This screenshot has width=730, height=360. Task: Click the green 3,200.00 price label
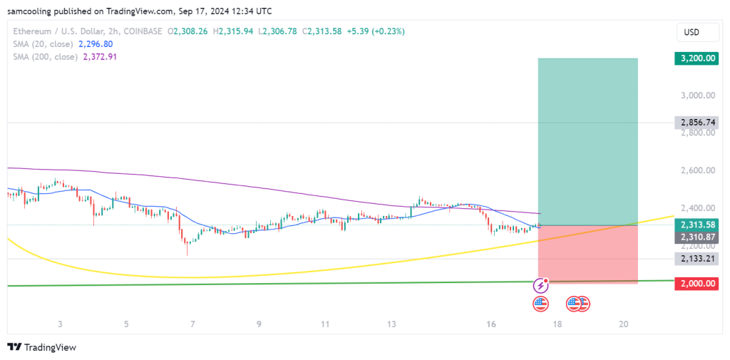point(695,58)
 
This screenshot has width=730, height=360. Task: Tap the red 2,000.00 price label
point(695,283)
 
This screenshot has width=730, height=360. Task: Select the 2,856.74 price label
point(695,123)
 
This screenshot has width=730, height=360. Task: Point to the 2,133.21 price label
point(695,259)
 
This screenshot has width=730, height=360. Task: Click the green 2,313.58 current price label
point(695,225)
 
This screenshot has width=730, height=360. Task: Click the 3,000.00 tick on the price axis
point(695,95)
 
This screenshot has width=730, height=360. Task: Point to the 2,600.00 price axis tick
point(695,170)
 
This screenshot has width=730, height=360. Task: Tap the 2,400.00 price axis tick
point(695,208)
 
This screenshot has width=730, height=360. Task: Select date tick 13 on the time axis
point(391,324)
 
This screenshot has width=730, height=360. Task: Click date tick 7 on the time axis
point(192,324)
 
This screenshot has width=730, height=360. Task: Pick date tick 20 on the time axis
point(624,324)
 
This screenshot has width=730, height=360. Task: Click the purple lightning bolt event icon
point(540,286)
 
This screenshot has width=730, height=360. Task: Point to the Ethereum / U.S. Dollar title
point(66,31)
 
